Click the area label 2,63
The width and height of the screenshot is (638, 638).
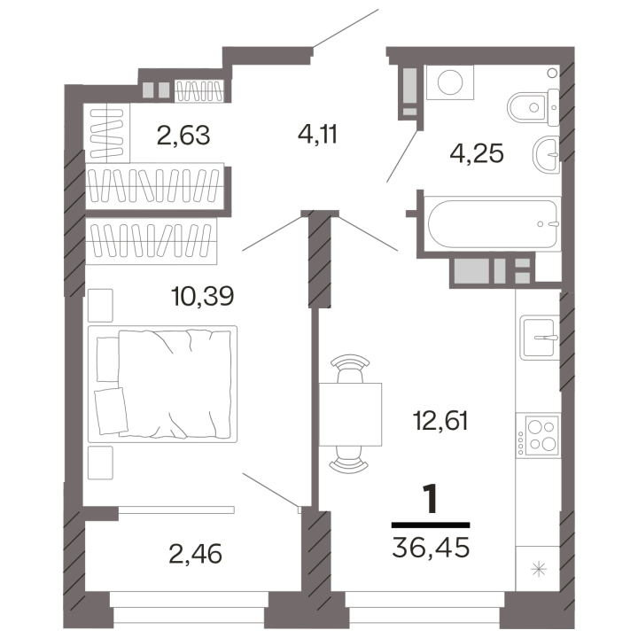tap(183, 136)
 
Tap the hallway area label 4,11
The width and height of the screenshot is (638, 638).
tap(317, 135)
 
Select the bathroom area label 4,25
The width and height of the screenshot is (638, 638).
tap(477, 153)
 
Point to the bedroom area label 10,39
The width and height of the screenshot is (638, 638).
tap(203, 296)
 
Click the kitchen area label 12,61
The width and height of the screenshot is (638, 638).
tap(440, 420)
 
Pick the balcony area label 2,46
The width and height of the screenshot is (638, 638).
tap(195, 554)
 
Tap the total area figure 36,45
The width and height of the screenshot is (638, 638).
tap(431, 547)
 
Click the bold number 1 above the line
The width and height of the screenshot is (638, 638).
tap(430, 498)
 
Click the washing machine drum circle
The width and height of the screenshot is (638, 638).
tap(450, 82)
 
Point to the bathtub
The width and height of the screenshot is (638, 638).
tap(492, 223)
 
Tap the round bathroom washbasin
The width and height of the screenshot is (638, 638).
tap(546, 154)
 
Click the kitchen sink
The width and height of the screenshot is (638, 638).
tap(539, 338)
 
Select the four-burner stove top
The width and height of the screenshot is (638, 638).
tap(537, 436)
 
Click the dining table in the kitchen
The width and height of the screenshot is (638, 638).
tap(350, 414)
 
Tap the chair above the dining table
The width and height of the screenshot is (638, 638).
tap(350, 368)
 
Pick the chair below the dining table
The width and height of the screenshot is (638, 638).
tap(349, 460)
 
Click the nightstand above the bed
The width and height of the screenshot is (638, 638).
tap(100, 305)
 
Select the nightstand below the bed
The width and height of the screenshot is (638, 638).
tap(100, 463)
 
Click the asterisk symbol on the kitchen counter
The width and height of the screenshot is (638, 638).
tap(539, 569)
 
